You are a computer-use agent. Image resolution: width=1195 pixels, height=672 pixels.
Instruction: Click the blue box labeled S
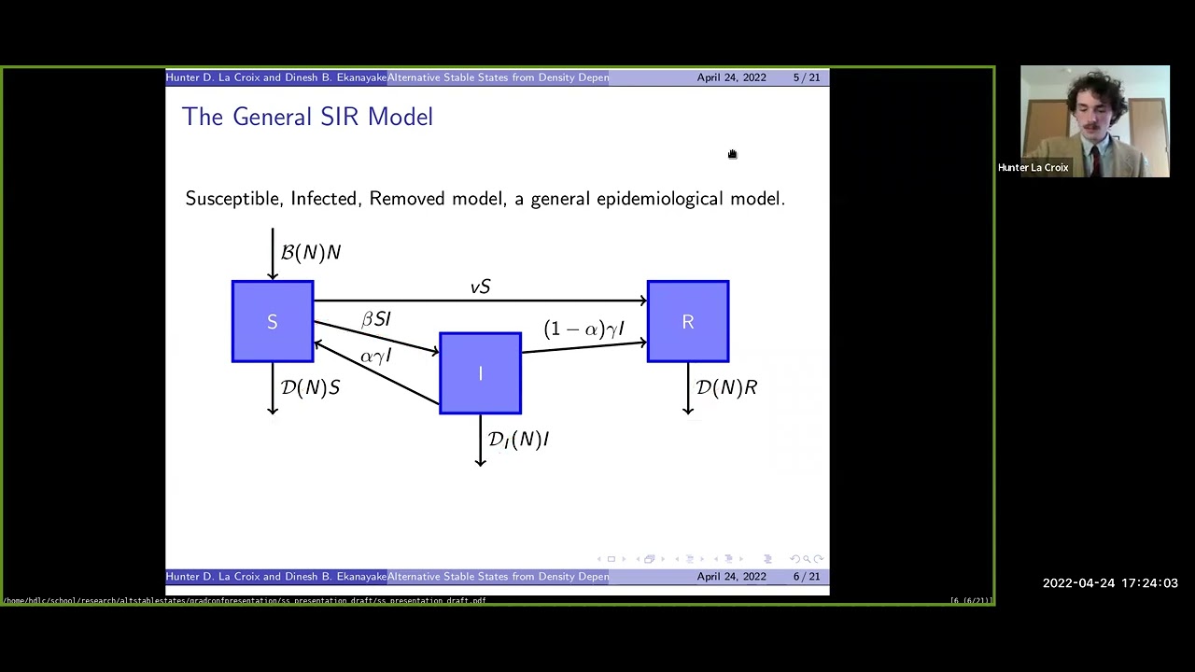273,321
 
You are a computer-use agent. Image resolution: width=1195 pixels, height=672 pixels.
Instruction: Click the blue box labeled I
480,373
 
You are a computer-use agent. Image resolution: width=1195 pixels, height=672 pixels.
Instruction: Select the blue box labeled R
688,321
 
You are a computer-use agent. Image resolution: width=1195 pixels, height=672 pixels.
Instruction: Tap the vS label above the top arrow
480,287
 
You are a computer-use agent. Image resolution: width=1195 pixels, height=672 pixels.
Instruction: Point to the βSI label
376,319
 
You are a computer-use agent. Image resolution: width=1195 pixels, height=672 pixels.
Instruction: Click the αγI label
375,356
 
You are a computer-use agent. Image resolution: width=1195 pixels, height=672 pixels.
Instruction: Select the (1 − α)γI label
583,329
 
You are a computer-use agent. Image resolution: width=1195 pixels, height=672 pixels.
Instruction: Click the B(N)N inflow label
311,253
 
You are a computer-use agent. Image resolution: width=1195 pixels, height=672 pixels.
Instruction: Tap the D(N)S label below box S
311,387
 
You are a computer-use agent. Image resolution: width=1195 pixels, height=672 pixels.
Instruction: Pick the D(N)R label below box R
726,387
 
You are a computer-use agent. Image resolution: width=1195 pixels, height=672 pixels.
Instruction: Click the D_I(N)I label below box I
518,439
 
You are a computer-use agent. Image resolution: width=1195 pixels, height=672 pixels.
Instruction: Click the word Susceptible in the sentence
233,199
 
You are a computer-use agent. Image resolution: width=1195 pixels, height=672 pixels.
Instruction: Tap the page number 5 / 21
807,77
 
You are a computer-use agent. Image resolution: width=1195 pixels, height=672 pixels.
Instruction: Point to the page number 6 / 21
807,577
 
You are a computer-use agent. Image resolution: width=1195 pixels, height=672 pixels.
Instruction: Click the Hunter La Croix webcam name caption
1033,168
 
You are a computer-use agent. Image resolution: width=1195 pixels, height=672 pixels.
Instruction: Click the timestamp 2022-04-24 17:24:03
1110,583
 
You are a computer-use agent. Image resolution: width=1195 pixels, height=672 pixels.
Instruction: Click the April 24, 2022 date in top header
731,77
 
